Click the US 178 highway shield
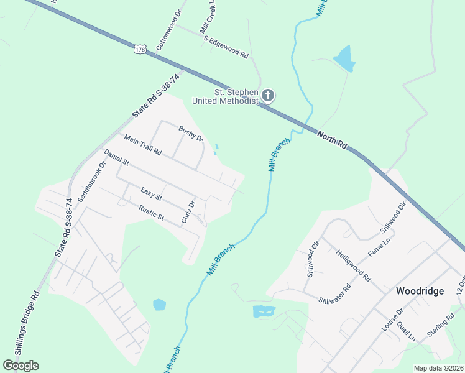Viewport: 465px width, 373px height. [x=140, y=49]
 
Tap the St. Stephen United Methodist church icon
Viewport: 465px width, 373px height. [x=268, y=95]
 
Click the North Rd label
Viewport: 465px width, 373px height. [x=332, y=139]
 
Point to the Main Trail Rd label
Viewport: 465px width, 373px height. [x=142, y=145]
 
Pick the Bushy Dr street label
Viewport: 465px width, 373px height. [x=191, y=134]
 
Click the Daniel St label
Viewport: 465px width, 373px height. [x=116, y=157]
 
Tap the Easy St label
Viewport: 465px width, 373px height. [x=151, y=194]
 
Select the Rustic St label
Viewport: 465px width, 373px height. [x=151, y=214]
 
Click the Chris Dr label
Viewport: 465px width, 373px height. [x=188, y=212]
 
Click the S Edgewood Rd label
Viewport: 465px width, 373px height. [x=226, y=47]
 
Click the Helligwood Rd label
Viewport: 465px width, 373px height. [x=353, y=265]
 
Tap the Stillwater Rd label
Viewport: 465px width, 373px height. [x=334, y=294]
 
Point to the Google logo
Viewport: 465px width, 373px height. [x=21, y=366]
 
